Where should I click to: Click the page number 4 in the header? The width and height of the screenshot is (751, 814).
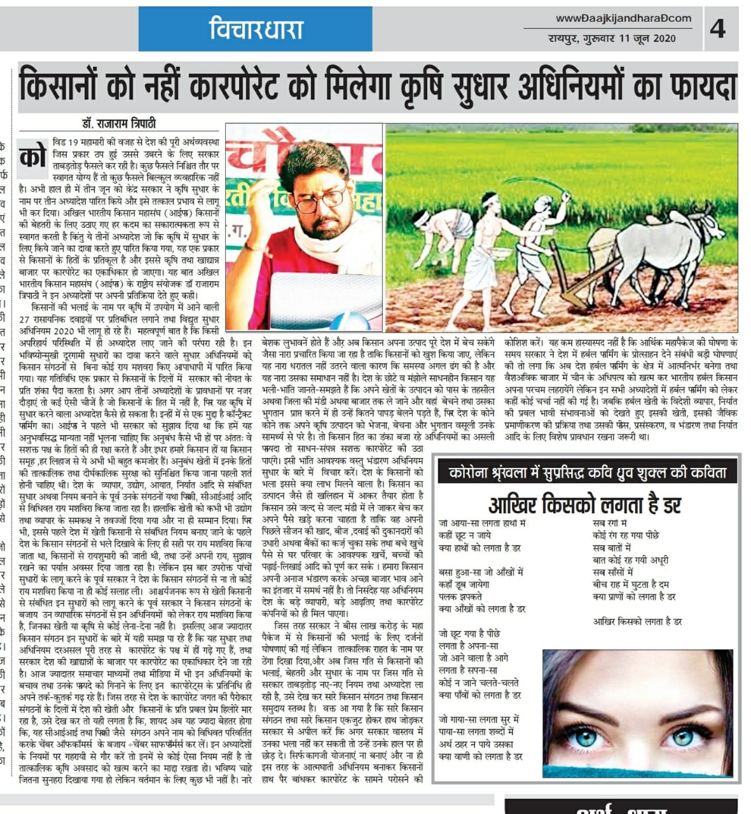coord(717,29)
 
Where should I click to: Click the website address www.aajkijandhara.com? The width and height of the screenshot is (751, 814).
coord(623,18)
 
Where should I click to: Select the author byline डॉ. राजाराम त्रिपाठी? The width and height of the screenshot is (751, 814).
coord(118,123)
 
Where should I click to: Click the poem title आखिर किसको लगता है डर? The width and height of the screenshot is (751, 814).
coord(584,505)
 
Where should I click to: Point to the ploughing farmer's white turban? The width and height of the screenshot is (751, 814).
coord(487,198)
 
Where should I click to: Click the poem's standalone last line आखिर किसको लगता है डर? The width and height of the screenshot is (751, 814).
coord(637,621)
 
